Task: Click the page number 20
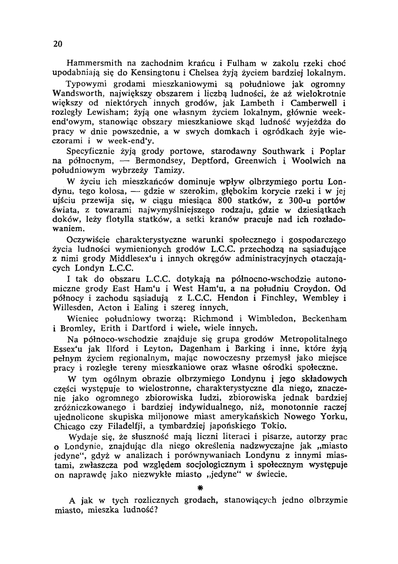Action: (x=57, y=44)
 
